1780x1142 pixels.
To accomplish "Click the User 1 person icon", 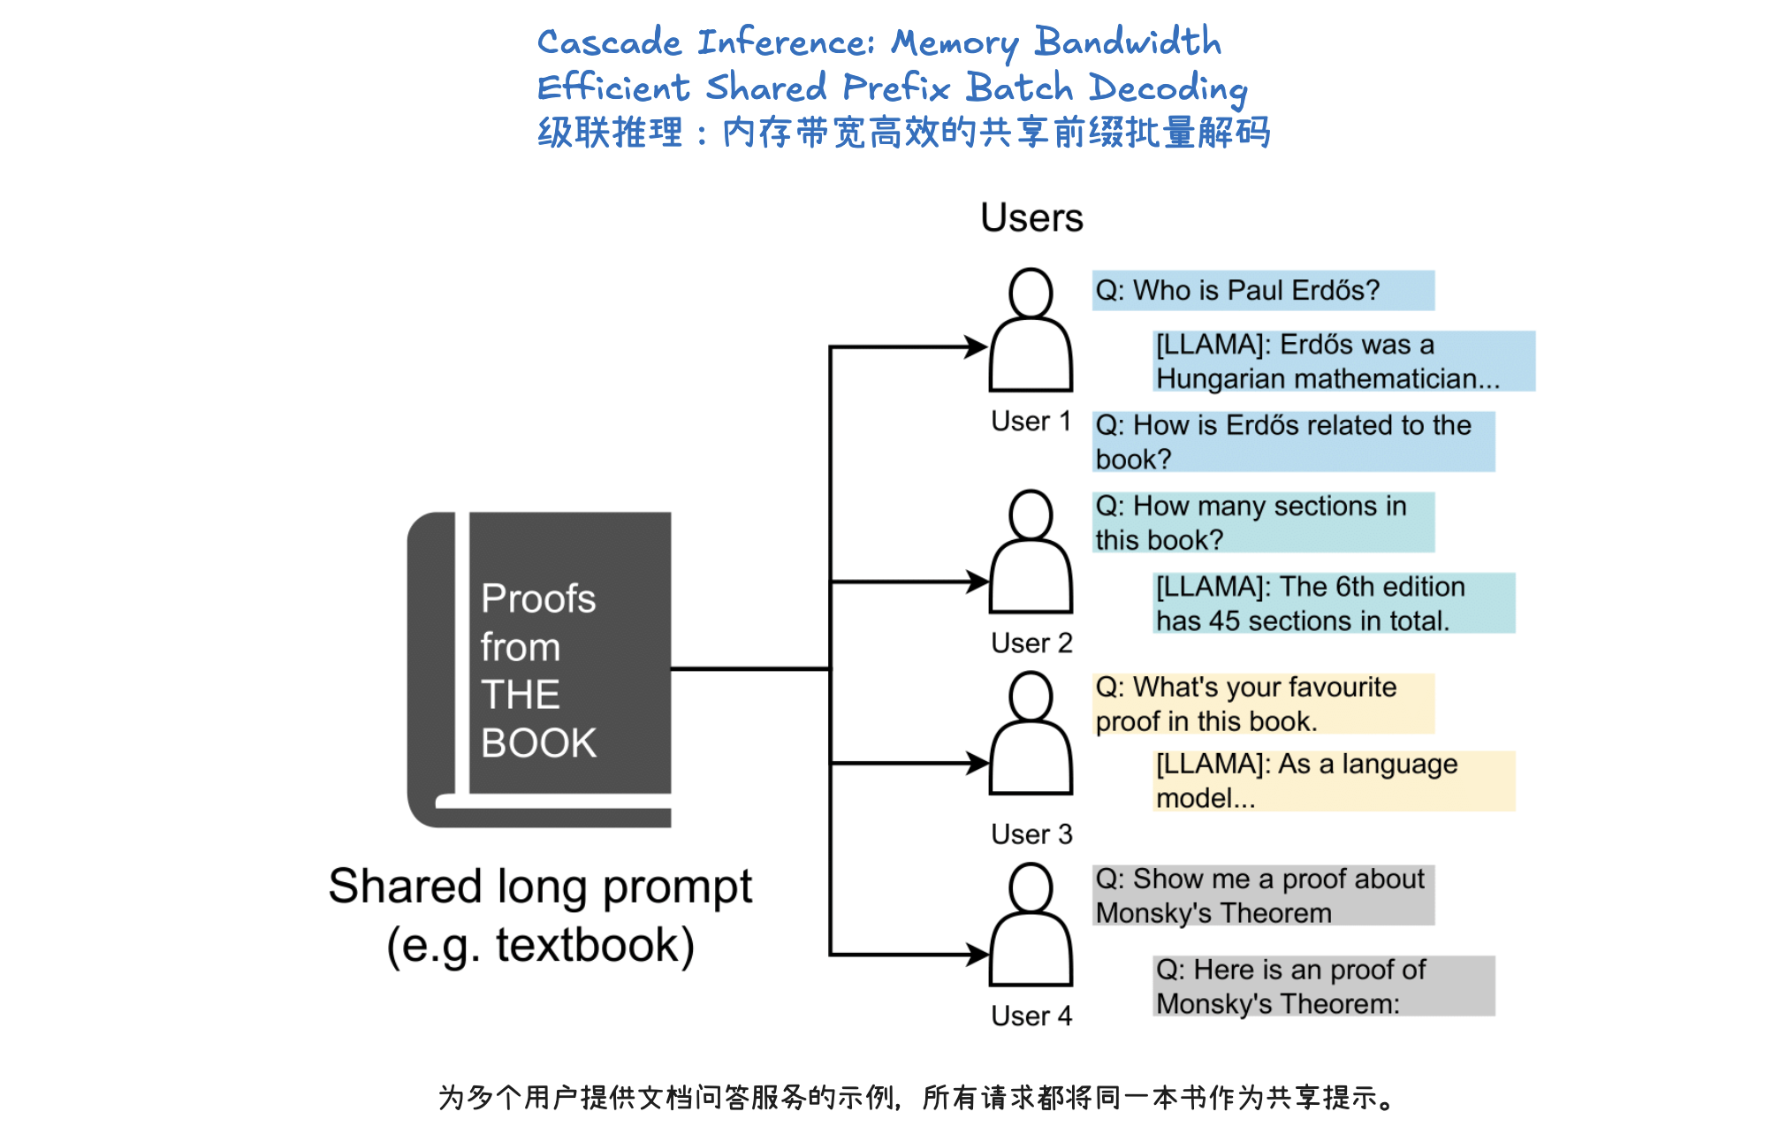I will (1031, 331).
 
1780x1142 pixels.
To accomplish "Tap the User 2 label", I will (1031, 643).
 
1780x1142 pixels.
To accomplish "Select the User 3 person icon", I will (1031, 734).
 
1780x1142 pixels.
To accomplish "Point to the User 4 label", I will (1031, 1016).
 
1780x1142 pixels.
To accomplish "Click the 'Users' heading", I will (1031, 217).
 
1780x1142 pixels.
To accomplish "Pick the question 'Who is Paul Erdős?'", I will (1262, 291).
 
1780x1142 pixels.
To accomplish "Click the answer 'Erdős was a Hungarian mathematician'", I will (1343, 361).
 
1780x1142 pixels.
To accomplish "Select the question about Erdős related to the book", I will (1292, 441).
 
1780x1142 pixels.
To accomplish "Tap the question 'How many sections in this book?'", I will (1262, 522).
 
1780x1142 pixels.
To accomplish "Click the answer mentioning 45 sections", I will (1333, 603).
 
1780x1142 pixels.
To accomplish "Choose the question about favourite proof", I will (1262, 704).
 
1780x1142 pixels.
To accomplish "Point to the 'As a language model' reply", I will (1333, 780).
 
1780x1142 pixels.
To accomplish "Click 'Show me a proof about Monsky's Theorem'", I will (1262, 895).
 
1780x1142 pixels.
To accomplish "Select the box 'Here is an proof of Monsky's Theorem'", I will (1322, 986).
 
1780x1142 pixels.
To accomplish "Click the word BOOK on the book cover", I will (538, 742).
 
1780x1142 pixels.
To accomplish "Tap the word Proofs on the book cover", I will (538, 598).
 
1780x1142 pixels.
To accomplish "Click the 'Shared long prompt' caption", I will (540, 887).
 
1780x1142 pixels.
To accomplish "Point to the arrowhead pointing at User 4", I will (977, 955).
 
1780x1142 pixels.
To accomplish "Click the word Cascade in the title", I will (609, 42).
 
